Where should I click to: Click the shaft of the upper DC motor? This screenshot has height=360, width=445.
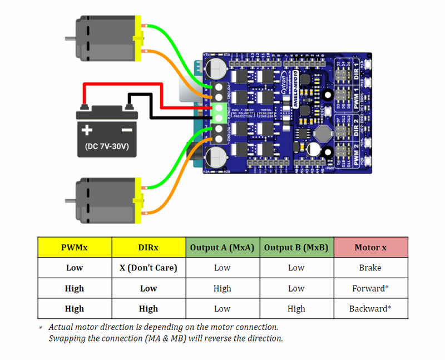coord(70,39)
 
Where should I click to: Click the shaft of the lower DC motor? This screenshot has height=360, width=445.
coord(70,200)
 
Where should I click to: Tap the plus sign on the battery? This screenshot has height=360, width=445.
coord(87,130)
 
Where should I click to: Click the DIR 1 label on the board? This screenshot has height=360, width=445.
coord(357,72)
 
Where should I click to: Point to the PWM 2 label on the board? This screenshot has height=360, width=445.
coord(357,154)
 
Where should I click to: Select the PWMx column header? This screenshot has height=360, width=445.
coord(74,247)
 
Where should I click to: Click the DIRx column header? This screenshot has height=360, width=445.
coord(148,247)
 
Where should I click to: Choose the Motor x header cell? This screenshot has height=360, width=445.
coord(370,247)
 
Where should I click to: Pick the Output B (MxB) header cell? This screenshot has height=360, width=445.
coord(296,247)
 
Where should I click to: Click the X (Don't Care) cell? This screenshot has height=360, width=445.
coord(148,268)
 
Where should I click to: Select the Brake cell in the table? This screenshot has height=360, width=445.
coord(370,268)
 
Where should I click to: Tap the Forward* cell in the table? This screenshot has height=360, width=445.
coord(370,288)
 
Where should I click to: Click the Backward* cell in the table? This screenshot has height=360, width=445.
coord(370,309)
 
